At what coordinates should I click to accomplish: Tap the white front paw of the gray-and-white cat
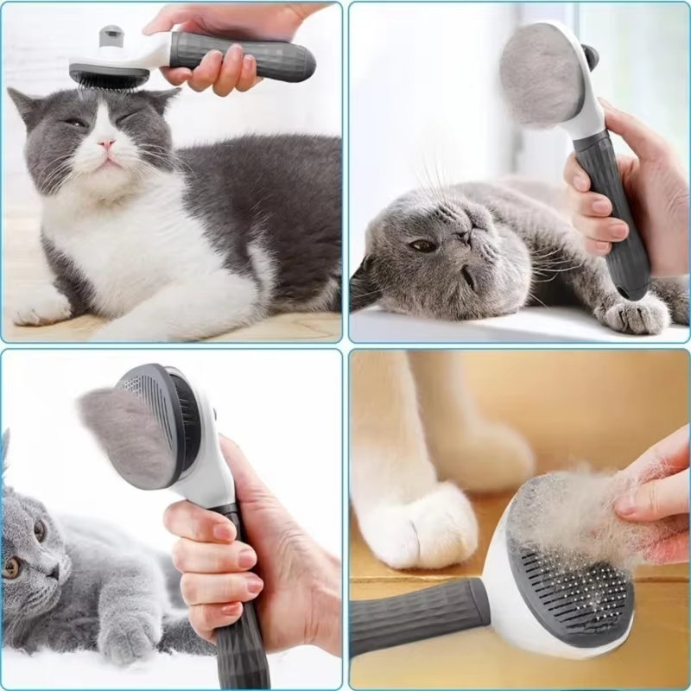(x=39, y=306)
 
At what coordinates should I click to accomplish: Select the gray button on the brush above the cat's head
(x=111, y=36)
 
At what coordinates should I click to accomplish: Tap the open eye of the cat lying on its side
(x=422, y=245)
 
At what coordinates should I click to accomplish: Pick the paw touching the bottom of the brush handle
(x=635, y=313)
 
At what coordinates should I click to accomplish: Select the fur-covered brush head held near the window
(x=540, y=73)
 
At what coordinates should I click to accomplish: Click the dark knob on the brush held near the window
(x=591, y=57)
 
